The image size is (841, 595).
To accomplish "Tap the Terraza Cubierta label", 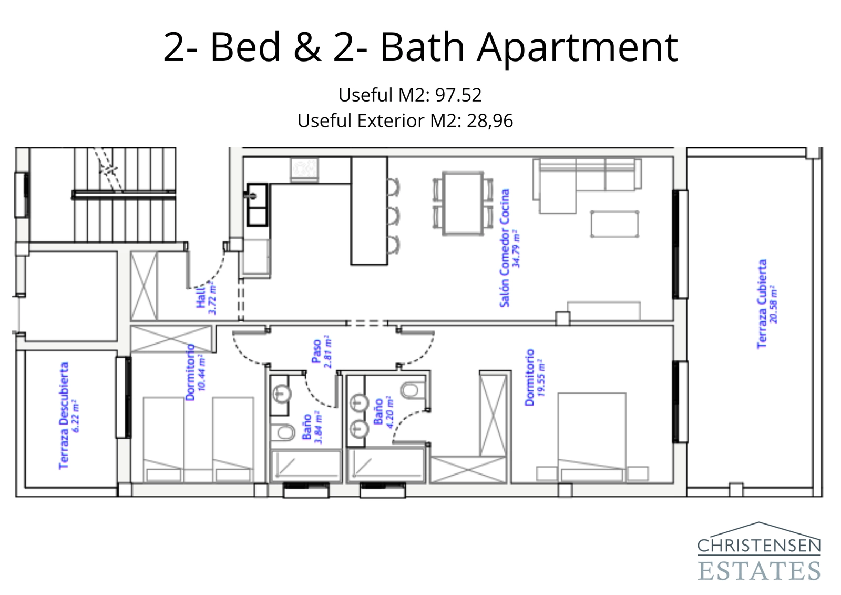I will tap(766, 304).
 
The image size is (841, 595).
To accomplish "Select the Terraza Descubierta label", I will tap(68, 416).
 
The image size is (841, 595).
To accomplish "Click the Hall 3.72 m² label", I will tap(206, 299).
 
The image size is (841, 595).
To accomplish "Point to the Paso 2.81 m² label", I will tap(321, 352).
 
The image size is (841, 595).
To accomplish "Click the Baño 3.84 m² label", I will tap(312, 427).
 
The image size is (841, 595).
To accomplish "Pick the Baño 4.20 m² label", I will tap(383, 412).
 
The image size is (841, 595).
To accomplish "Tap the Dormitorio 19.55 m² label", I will tap(534, 377).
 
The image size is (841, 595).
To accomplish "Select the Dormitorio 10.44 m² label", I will tap(195, 372).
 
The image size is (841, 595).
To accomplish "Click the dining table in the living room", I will tap(463, 203).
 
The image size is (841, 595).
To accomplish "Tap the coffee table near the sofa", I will tap(614, 224).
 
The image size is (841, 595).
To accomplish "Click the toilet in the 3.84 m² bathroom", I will tap(284, 433).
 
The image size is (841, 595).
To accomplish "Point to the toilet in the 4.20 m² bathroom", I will tap(410, 390).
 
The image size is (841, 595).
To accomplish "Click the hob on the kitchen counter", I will tap(305, 169).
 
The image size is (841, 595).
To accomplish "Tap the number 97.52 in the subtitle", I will tap(458, 95).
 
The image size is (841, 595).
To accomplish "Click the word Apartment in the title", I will tap(577, 47).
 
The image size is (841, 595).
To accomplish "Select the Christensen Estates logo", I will tap(758, 552).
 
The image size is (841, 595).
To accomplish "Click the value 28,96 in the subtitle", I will tap(489, 121).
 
